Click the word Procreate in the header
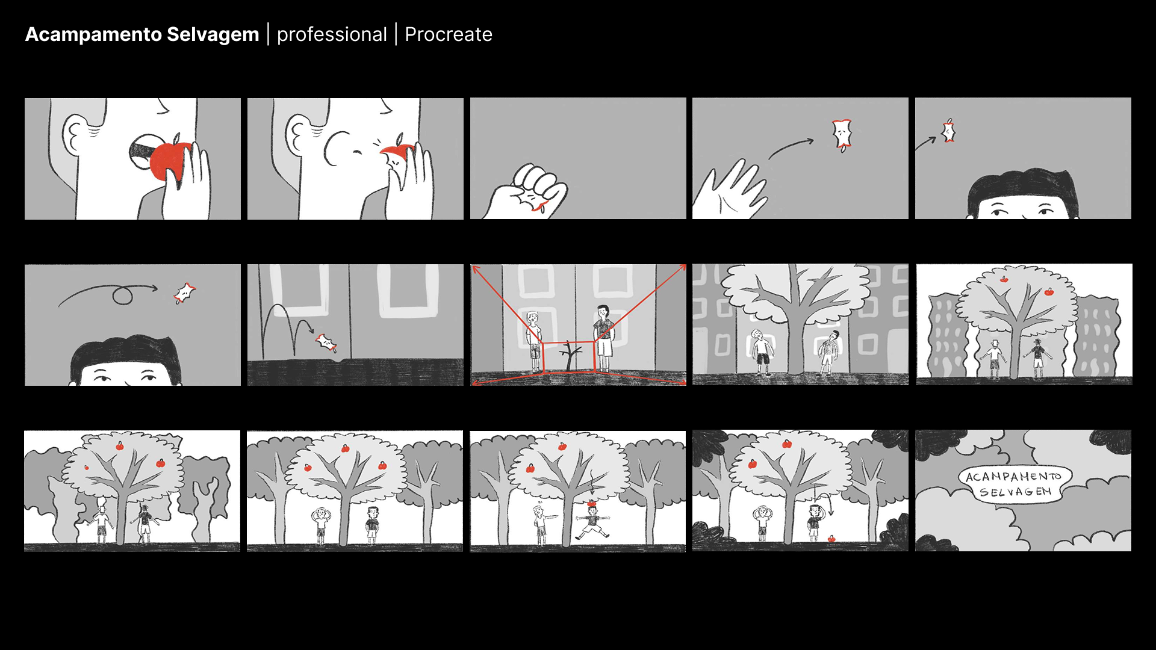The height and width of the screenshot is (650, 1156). pos(449,34)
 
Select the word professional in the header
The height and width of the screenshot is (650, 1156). pos(332,35)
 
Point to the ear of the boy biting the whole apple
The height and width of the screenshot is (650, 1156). pos(78,132)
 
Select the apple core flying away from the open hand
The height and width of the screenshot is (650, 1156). pos(842,135)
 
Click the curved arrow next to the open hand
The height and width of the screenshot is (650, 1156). pos(791,148)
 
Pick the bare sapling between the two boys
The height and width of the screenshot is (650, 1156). pos(568,356)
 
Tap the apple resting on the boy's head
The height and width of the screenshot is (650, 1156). pos(591,504)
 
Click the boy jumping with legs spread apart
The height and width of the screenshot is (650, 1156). pos(592,524)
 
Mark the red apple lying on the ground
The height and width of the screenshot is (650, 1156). pos(831,539)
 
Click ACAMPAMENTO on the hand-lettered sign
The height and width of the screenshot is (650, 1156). pos(1013,477)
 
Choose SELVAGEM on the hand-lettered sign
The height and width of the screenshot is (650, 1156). pos(1015,492)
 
